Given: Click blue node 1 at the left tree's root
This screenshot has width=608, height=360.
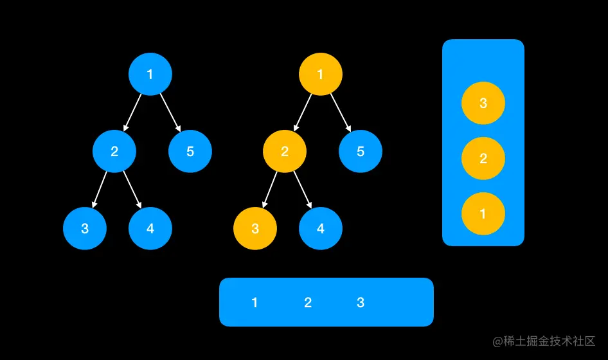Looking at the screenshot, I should click(x=150, y=74).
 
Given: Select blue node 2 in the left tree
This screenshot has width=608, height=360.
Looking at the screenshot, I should click(x=114, y=152).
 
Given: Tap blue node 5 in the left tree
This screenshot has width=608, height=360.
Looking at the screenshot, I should click(x=190, y=152).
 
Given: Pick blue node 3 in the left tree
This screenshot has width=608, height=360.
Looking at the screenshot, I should click(x=85, y=228).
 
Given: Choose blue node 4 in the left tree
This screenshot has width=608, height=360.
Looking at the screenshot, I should click(x=150, y=228).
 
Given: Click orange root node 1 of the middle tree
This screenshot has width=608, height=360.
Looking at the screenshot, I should click(x=321, y=74).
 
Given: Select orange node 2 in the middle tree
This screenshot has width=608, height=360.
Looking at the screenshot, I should click(x=285, y=152).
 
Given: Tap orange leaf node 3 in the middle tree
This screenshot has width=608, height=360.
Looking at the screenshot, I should click(x=255, y=228).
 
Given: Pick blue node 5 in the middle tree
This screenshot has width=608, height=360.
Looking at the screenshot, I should click(x=361, y=152).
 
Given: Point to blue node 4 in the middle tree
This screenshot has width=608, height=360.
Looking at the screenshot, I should click(x=321, y=228).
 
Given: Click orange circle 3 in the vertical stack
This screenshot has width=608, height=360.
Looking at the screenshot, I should click(x=483, y=104).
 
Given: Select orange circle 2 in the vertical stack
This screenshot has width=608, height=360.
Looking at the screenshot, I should click(x=483, y=159).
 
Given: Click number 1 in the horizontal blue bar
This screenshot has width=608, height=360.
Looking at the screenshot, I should click(x=255, y=303).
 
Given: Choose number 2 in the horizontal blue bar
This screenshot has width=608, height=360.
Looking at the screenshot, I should click(x=308, y=303).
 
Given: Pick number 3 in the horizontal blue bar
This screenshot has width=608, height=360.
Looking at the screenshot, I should click(x=361, y=303).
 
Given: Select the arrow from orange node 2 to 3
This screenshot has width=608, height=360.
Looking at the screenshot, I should click(x=270, y=190).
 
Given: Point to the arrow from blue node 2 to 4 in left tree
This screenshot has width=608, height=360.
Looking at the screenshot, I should click(x=132, y=190).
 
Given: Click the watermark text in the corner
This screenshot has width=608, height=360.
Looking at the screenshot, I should click(x=544, y=341).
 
